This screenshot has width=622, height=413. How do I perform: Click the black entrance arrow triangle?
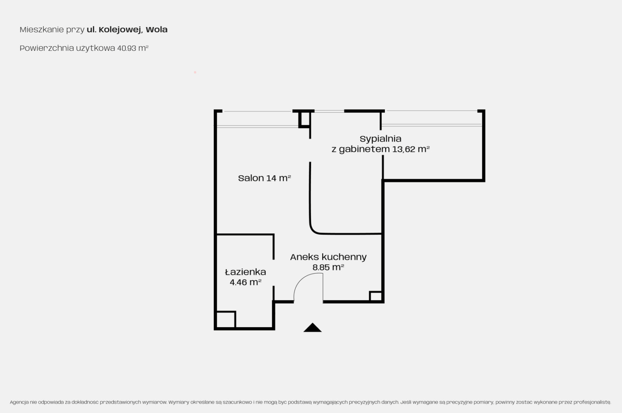pos(312,328)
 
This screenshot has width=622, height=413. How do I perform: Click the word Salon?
pos(251,178)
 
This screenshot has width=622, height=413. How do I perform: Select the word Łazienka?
pos(245,272)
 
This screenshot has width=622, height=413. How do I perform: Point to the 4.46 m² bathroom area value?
pos(245,282)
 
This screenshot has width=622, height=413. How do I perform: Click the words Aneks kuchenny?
pos(328,257)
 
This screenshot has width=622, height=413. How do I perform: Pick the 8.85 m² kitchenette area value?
pos(328,268)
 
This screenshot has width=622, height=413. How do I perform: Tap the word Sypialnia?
pos(381,139)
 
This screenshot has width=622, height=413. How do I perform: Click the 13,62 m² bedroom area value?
pos(411,149)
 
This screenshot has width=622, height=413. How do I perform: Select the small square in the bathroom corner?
pos(226,319)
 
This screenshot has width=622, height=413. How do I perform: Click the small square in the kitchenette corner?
pos(376,296)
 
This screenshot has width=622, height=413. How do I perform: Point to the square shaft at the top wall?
pos(305,119)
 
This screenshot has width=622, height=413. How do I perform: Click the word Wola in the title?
pos(157,29)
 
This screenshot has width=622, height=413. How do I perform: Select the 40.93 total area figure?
pos(127,48)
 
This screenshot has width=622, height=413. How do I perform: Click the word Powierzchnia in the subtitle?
pos(47,48)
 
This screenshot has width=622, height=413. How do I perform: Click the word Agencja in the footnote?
pos(19,402)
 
